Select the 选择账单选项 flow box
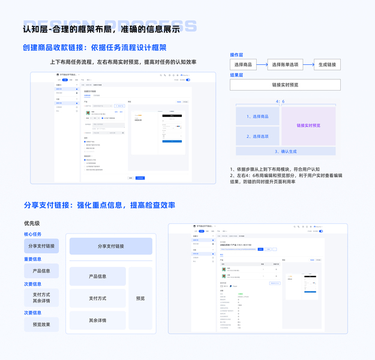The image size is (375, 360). coord(285,65)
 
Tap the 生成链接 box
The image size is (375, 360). coord(327,65)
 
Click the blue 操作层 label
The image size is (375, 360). coord(236,55)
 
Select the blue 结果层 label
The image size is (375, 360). coord(236,75)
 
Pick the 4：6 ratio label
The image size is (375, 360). coord(280,101)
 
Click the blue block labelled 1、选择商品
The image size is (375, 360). coord(257,116)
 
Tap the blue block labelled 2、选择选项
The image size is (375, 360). coord(257,136)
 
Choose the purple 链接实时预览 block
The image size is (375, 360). coord(308,125)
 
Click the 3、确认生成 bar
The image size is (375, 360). coord(286,152)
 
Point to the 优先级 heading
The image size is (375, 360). coord(32,223)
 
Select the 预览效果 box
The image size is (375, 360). coord(41,325)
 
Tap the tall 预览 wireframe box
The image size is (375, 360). coord(140,298)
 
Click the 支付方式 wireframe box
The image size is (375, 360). coord(97,298)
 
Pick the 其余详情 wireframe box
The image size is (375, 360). coord(97,320)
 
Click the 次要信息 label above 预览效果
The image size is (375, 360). coord(32,313)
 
